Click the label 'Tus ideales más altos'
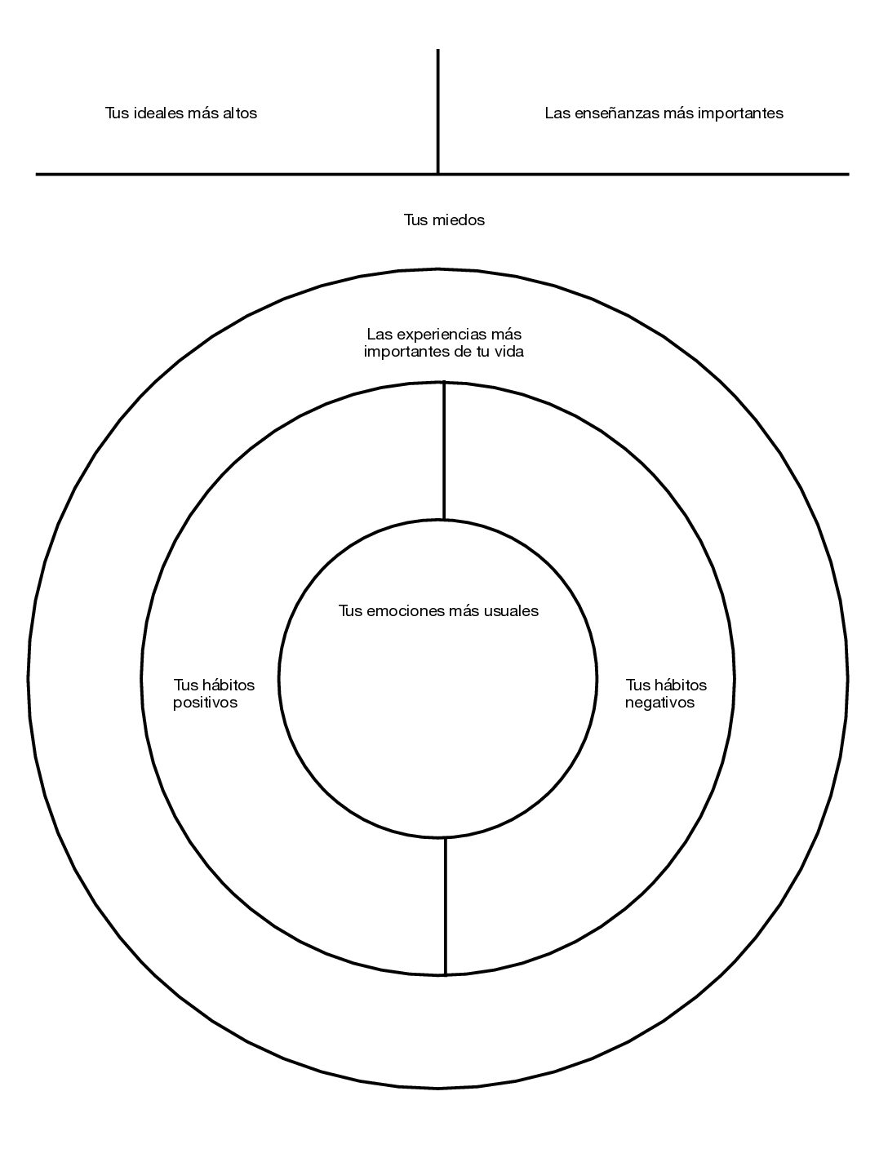click(181, 113)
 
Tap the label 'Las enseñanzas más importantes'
click(664, 113)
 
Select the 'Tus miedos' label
click(444, 220)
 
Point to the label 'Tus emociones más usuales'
click(438, 610)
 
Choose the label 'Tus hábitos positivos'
click(214, 694)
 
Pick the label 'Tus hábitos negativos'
click(666, 694)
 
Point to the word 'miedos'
click(459, 220)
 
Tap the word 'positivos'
click(205, 703)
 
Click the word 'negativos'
click(660, 703)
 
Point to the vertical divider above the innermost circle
click(444, 450)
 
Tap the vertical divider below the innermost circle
click(446, 906)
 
